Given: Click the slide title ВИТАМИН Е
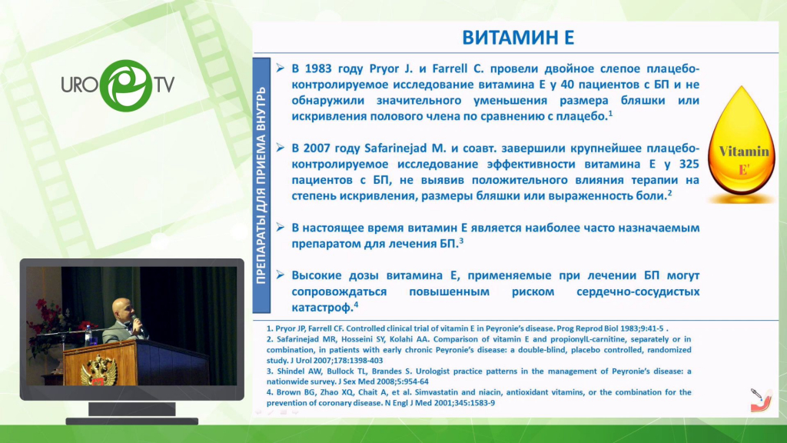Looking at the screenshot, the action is (518, 38).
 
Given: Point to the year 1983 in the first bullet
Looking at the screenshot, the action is (318, 68).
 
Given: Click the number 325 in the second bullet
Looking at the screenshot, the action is (689, 165).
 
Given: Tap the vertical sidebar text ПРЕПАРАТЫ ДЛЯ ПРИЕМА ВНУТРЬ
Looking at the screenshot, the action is (261, 185).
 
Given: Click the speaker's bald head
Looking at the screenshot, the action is (121, 308).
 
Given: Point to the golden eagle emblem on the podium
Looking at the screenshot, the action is (99, 371).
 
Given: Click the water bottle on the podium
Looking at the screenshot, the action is (89, 335).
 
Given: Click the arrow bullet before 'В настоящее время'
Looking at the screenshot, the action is (280, 228).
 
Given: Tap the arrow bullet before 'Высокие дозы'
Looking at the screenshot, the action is (280, 275).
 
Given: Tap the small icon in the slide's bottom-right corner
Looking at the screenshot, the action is (760, 400).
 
